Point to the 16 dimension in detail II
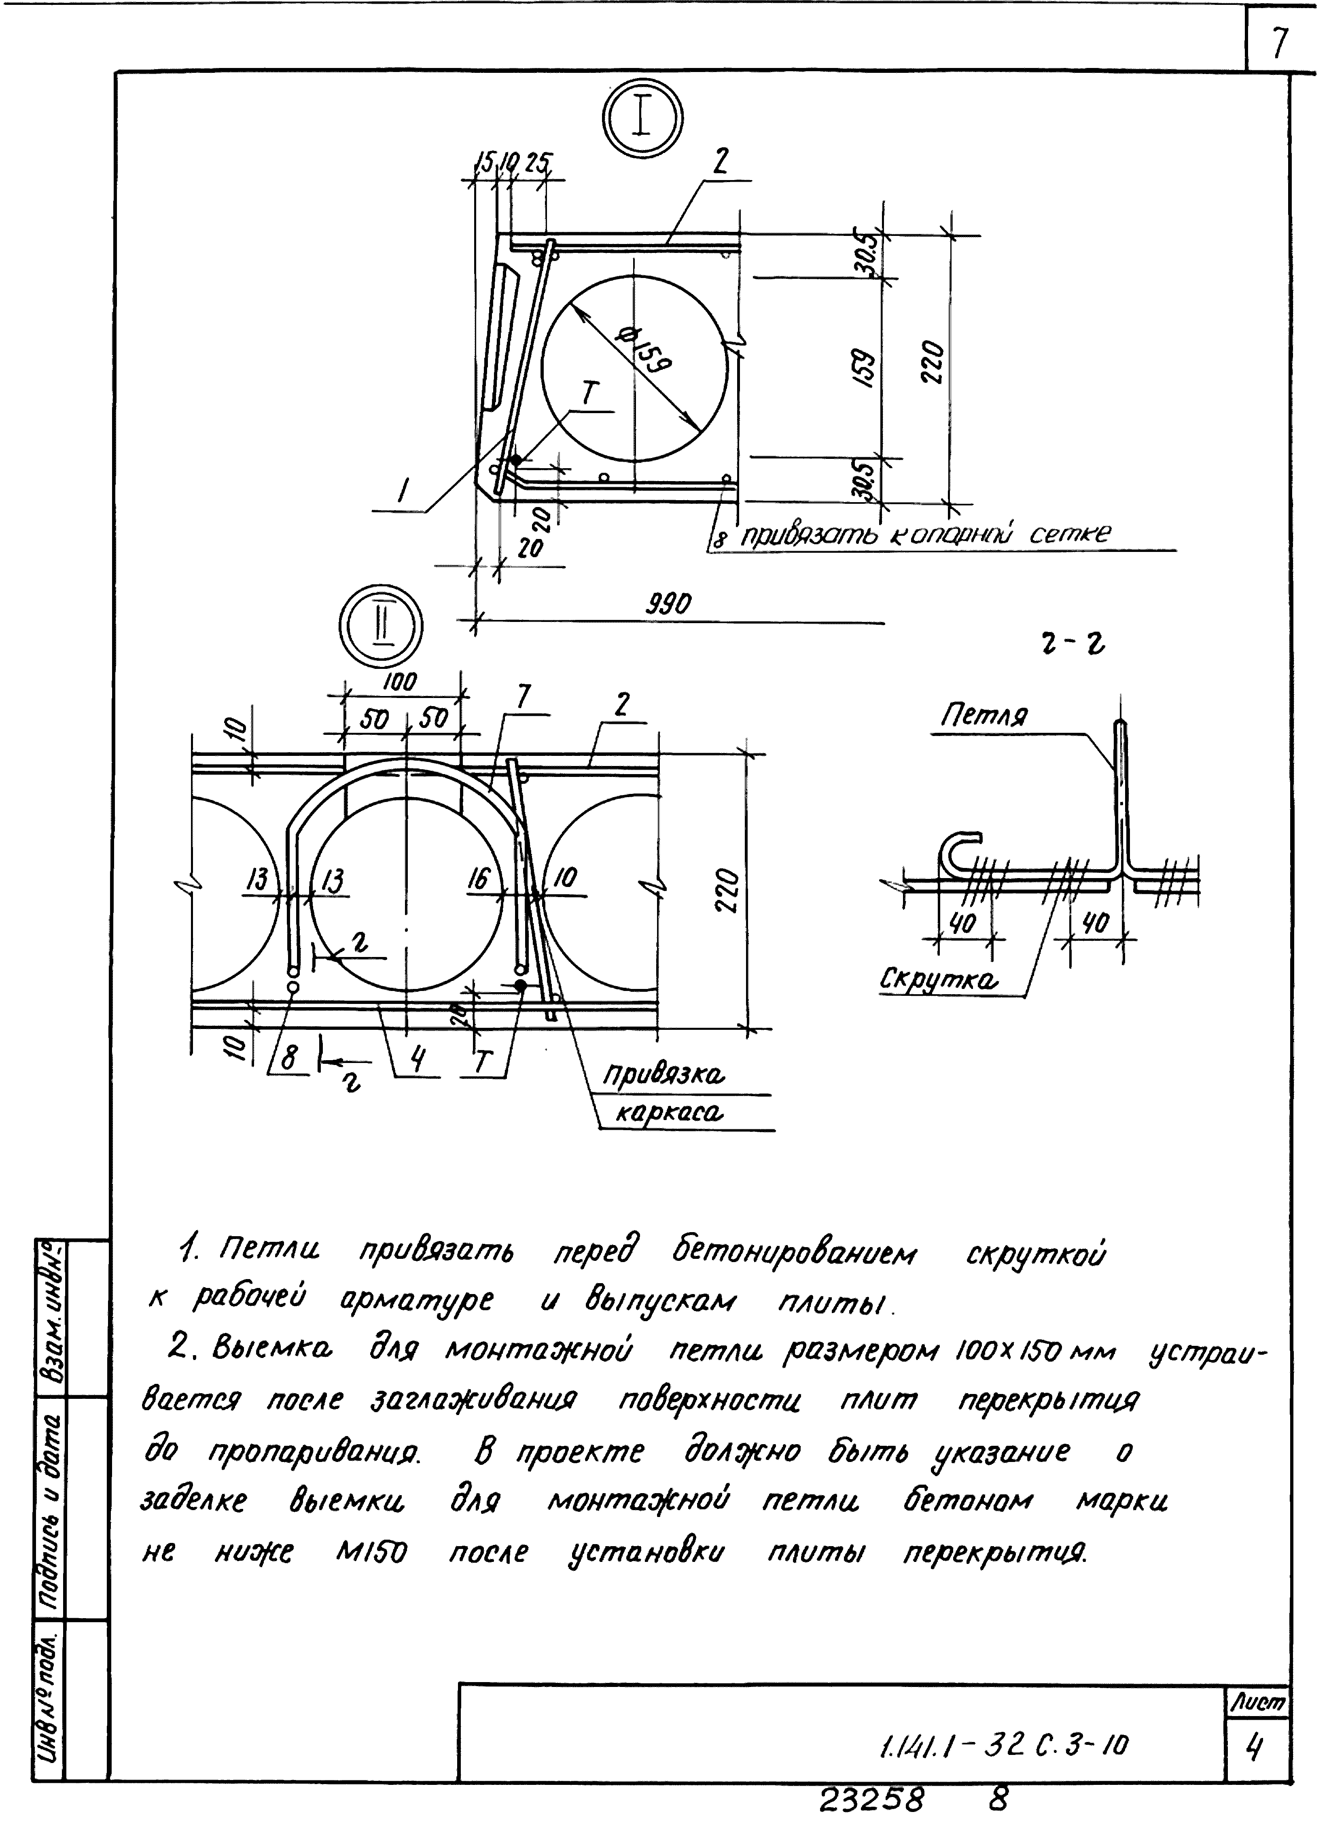pyautogui.click(x=479, y=878)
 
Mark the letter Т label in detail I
pyautogui.click(x=590, y=395)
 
